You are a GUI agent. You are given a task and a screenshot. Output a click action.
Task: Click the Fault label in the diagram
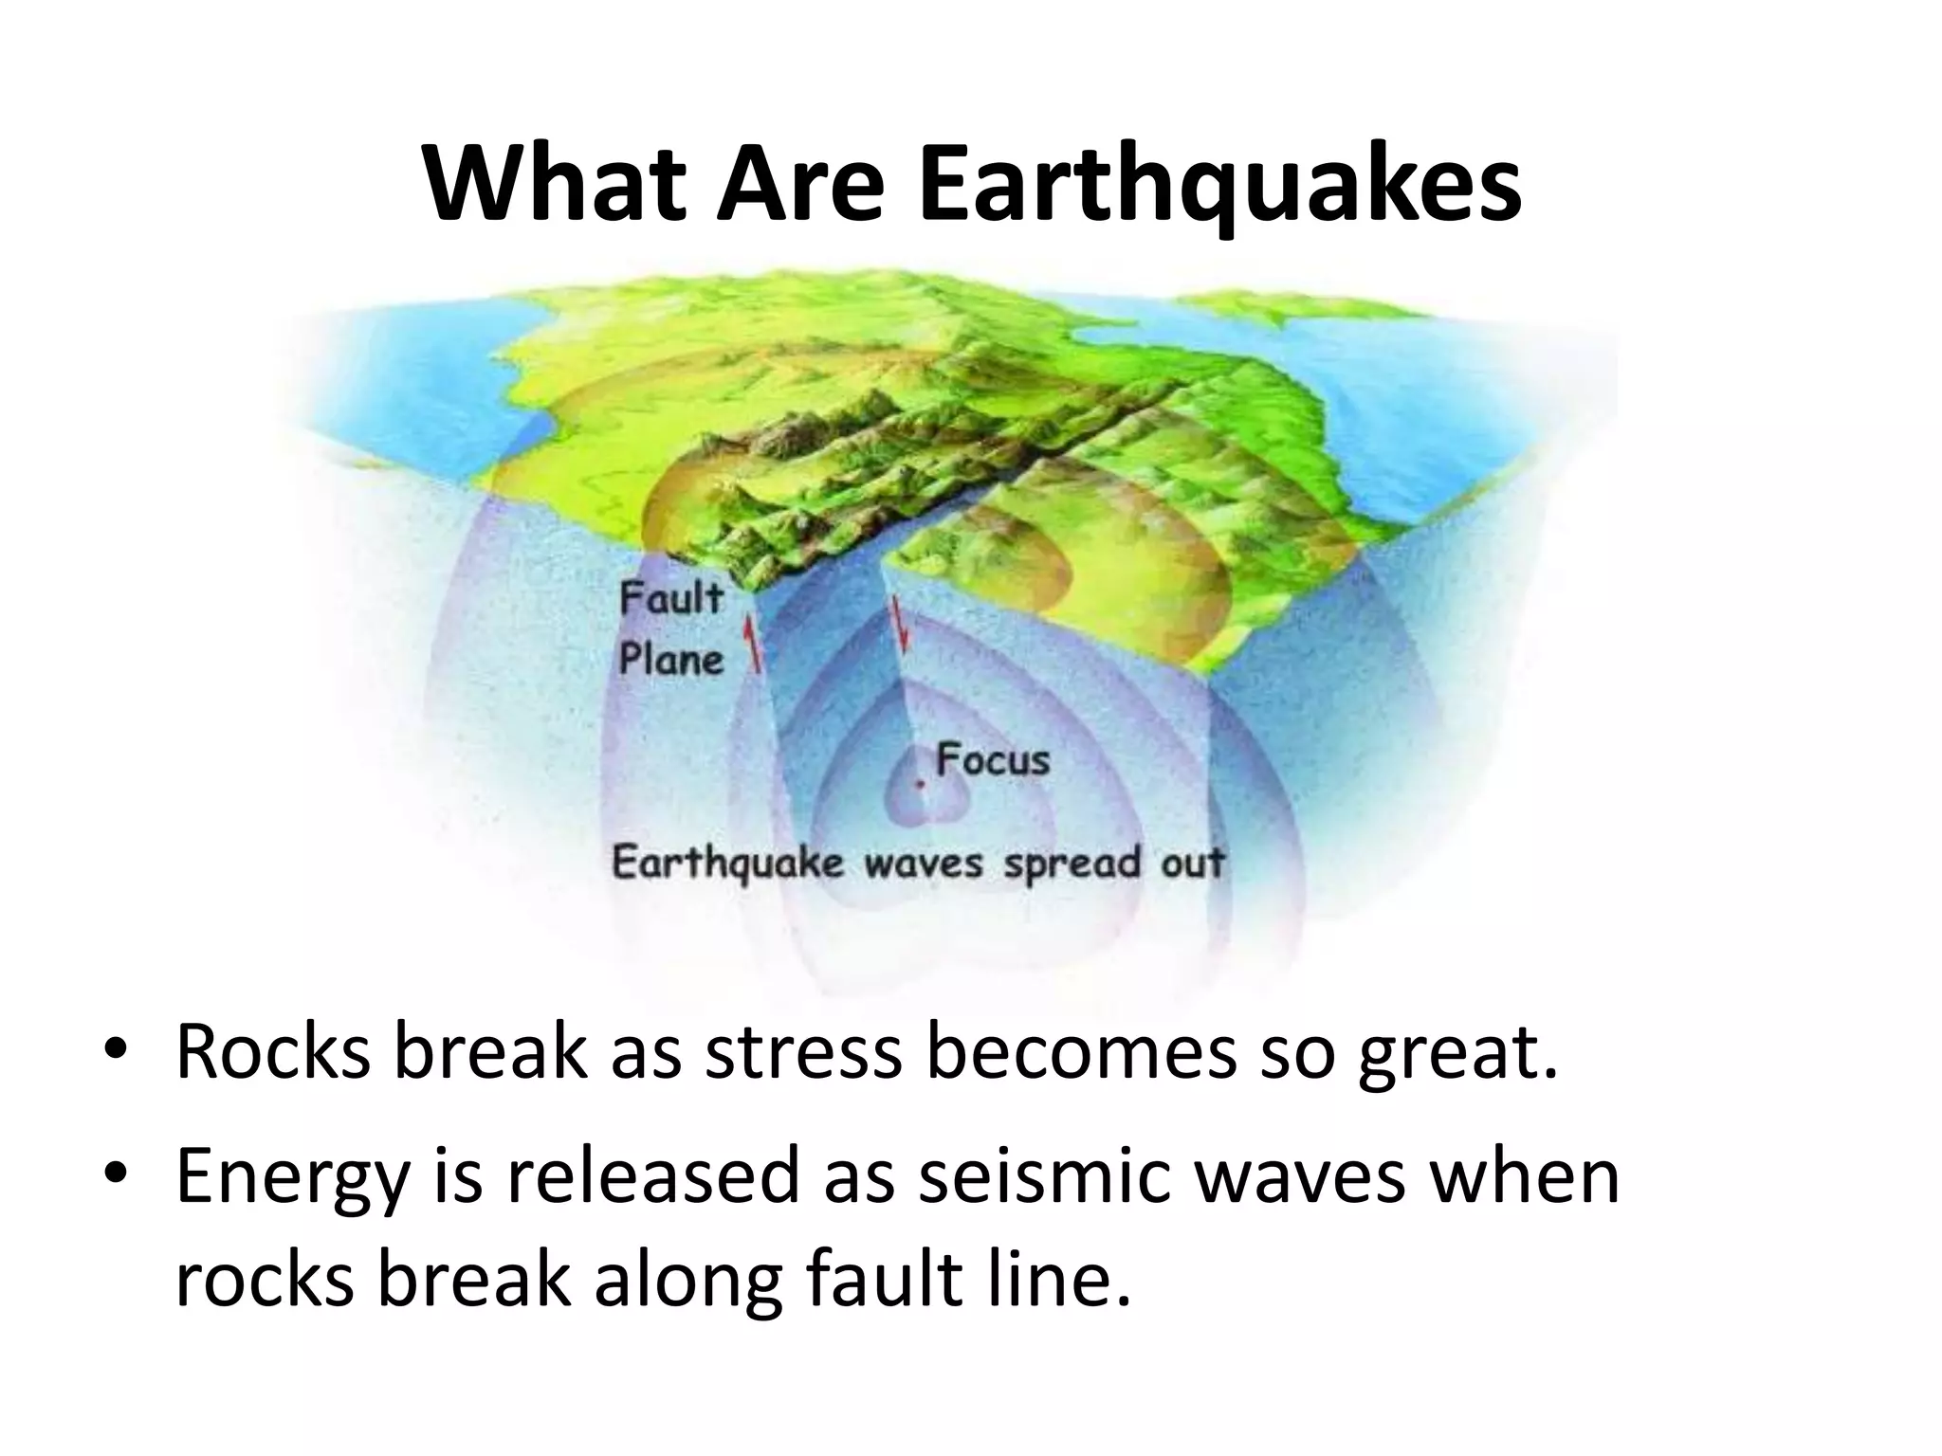point(671,599)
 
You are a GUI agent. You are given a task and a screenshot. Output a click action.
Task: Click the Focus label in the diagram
point(993,759)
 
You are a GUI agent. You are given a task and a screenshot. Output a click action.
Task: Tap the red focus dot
point(919,785)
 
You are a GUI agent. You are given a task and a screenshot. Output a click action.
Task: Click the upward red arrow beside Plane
point(754,644)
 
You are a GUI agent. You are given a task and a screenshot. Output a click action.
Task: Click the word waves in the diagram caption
point(923,864)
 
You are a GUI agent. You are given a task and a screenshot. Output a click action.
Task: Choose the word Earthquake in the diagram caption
point(727,864)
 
